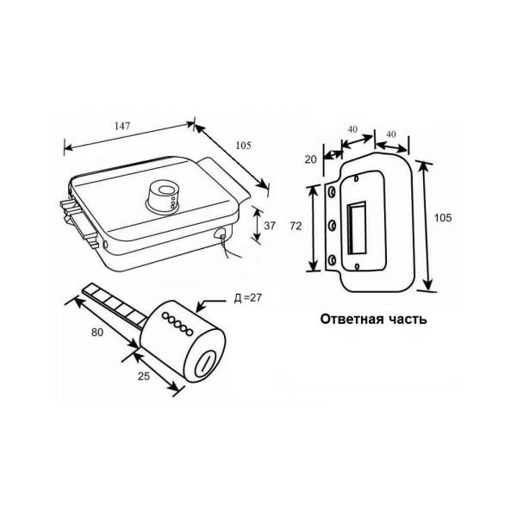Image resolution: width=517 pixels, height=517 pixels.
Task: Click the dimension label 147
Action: [x=122, y=126]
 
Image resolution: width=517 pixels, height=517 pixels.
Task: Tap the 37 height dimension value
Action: [x=270, y=226]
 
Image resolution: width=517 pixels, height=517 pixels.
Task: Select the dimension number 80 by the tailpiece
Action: [x=97, y=333]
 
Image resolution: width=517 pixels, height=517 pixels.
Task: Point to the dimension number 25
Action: [x=143, y=376]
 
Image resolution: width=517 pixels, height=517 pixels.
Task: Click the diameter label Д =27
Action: [x=247, y=298]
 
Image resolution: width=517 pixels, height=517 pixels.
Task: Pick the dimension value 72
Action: [x=296, y=226]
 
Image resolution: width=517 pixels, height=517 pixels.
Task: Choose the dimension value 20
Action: [x=310, y=159]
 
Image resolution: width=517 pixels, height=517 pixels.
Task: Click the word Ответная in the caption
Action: [x=347, y=320]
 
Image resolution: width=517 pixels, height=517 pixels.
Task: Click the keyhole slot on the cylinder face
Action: [x=205, y=363]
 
